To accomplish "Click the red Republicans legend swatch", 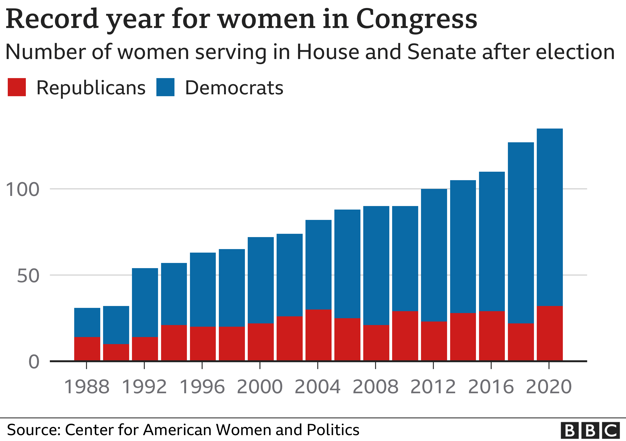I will tap(17, 87).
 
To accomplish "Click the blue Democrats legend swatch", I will tap(165, 87).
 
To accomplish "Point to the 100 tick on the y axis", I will tap(22, 190).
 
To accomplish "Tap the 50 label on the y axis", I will tap(28, 276).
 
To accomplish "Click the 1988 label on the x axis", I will tap(86, 387).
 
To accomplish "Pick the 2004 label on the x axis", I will tap(317, 387).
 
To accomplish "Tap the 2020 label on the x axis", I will tap(549, 387).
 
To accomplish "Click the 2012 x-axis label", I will tap(433, 387).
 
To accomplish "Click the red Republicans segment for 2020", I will tap(550, 333).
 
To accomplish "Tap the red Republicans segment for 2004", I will tap(318, 335).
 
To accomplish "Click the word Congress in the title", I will tap(416, 19).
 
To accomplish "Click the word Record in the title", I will tap(52, 19).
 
